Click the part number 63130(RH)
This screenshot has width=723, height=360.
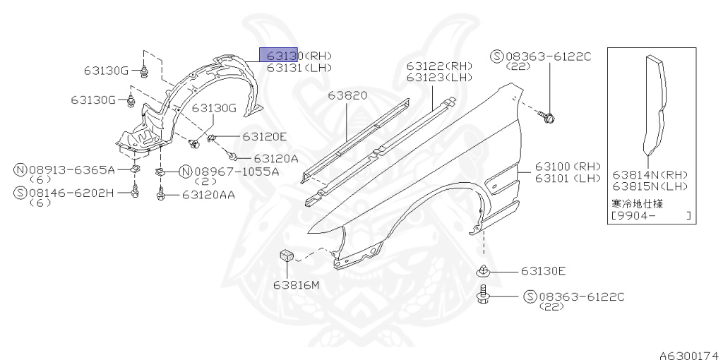pyautogui.click(x=299, y=56)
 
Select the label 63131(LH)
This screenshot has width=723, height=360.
pyautogui.click(x=299, y=67)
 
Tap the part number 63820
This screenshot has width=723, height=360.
pyautogui.click(x=347, y=94)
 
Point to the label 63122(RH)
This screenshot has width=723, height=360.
pyautogui.click(x=438, y=66)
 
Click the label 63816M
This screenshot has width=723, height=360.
pyautogui.click(x=297, y=285)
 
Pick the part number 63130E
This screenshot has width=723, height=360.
pyautogui.click(x=544, y=270)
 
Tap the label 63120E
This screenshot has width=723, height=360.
pyautogui.click(x=265, y=136)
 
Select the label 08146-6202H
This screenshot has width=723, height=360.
pyautogui.click(x=71, y=191)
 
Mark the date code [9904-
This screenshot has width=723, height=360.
pyautogui.click(x=635, y=215)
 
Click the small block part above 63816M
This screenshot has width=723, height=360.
pyautogui.click(x=287, y=256)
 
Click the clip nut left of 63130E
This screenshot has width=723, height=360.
pyautogui.click(x=483, y=270)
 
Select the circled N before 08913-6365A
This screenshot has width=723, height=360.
pyautogui.click(x=20, y=170)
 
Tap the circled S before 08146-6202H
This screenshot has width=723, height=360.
pyautogui.click(x=20, y=191)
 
